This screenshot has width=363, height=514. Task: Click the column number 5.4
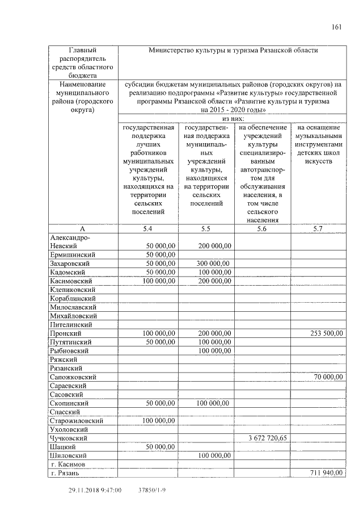pos(147,228)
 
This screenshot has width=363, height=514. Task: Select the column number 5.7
pos(318,228)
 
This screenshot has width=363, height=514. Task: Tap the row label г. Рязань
pos(69,473)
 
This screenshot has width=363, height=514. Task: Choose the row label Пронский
pos(65,333)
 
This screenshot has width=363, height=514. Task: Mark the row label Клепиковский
pos(73,290)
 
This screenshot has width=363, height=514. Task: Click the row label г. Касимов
pos(70,464)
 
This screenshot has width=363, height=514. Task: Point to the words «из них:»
pos(233,119)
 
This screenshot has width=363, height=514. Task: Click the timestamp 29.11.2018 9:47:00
pos(95,490)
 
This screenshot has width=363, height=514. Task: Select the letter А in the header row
pos(82,228)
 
